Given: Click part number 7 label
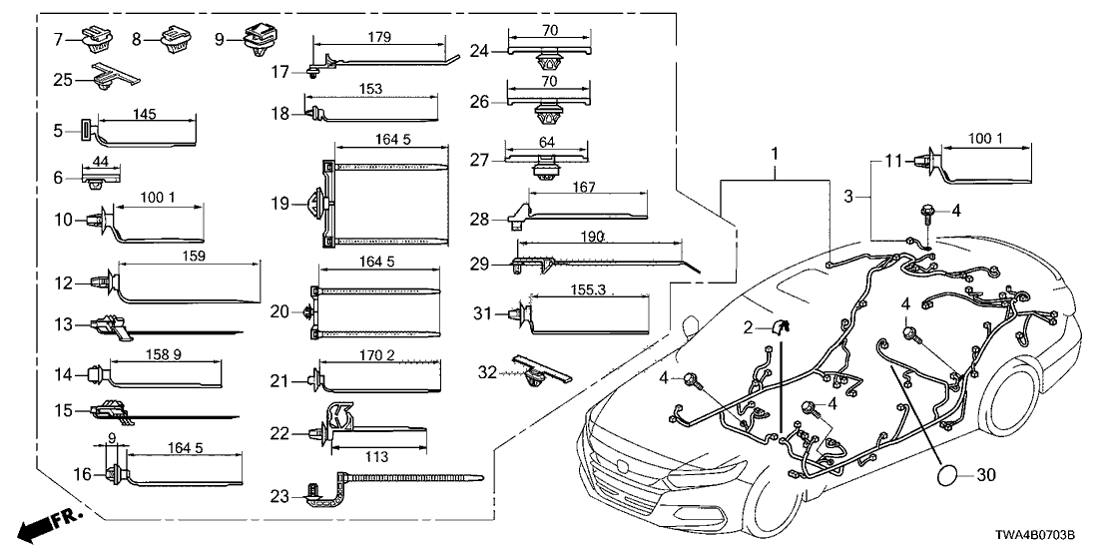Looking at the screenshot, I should tap(58, 39).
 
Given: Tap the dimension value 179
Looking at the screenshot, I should tap(379, 38).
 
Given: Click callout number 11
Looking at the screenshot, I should tap(894, 159).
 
